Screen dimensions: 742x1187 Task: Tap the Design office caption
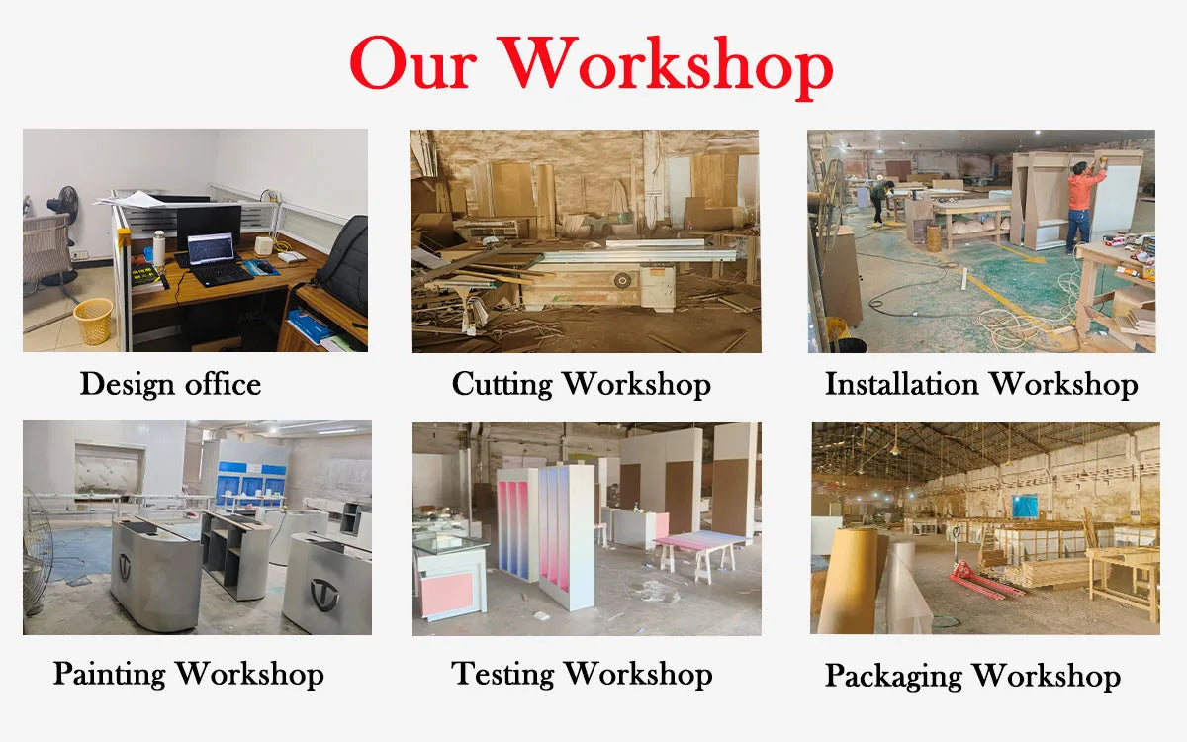170,384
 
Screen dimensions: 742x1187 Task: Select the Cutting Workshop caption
582,384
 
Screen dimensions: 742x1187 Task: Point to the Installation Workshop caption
981,384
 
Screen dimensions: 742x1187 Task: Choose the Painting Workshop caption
188,674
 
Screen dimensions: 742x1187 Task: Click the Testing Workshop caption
582,674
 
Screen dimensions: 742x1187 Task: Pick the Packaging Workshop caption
972,676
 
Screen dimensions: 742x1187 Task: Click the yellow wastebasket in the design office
94,321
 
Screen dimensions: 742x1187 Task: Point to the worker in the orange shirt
1083,203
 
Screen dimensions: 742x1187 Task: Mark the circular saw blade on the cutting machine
622,281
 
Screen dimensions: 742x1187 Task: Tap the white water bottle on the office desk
158,249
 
